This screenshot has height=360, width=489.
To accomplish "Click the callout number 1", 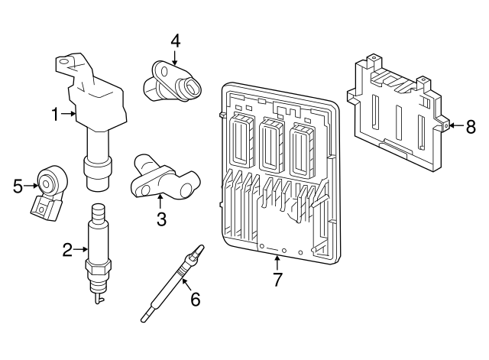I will pos(55,115).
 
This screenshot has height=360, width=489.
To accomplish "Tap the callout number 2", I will pos(67,248).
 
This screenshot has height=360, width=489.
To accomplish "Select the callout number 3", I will pos(161,220).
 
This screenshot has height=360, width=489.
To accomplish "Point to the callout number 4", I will pos(175,41).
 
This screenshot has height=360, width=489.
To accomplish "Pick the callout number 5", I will pos(18,184).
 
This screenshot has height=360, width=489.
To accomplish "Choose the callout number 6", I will pos(195,300).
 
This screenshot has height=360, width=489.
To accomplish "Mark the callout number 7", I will pos(277,280).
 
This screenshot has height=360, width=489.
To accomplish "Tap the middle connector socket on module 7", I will pos(270,144).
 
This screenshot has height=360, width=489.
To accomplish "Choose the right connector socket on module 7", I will pos(301,145).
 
